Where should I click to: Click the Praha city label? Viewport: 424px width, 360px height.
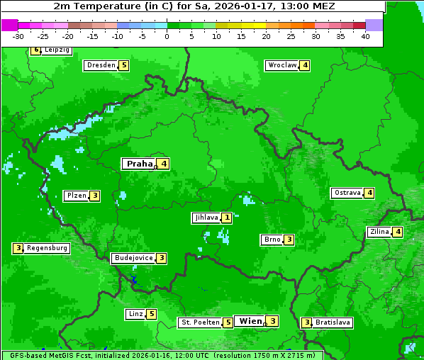point(139,164)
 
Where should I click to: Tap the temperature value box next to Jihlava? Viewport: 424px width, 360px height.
point(226,218)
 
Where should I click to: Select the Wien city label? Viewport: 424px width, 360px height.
point(250,321)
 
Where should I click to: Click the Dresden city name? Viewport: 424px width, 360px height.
point(101,65)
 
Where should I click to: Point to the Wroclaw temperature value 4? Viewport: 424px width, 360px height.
point(305,65)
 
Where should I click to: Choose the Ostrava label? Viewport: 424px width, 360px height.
point(347,193)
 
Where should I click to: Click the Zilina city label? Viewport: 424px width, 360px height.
point(379,232)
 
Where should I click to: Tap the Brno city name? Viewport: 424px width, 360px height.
point(272,240)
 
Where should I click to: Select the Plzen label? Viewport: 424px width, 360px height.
point(76,196)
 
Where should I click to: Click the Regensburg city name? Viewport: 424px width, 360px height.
point(48,248)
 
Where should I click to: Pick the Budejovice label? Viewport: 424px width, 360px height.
point(133,258)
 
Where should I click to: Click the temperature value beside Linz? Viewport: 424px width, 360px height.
point(152,314)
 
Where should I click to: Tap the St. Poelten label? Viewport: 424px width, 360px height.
point(199,322)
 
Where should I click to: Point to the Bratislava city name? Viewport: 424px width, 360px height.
point(333,322)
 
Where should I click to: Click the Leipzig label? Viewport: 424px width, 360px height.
point(57,50)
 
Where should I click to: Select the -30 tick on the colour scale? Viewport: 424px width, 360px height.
point(18,36)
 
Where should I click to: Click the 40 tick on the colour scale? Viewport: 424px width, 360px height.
point(365,36)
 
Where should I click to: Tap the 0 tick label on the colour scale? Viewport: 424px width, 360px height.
point(167,36)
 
